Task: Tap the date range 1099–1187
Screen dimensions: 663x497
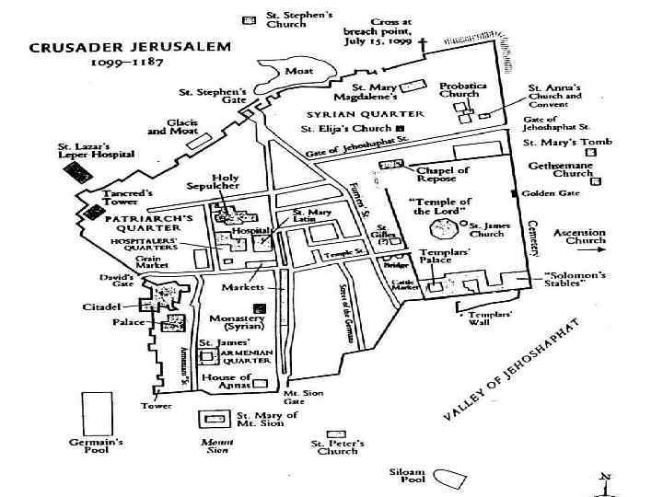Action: (126, 64)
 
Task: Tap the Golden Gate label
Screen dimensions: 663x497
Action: (550, 193)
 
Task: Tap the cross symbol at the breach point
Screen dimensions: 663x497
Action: (423, 43)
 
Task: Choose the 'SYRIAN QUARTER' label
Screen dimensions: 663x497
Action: (365, 114)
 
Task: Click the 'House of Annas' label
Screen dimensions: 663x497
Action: (227, 382)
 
